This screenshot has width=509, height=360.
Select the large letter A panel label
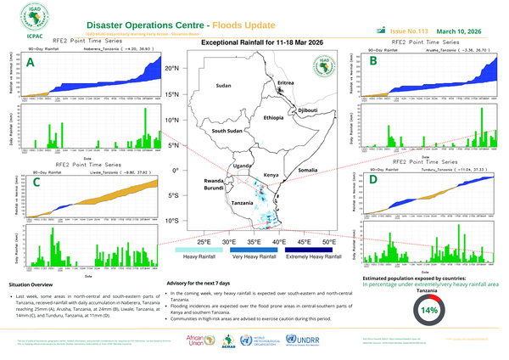tap(31, 62)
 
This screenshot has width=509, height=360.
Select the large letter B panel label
tap(373, 60)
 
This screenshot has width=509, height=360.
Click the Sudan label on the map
tap(223, 87)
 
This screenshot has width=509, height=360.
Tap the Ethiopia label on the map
tap(273, 117)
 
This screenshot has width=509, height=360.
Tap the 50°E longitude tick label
tap(327, 242)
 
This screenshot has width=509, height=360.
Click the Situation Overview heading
tap(31, 283)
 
